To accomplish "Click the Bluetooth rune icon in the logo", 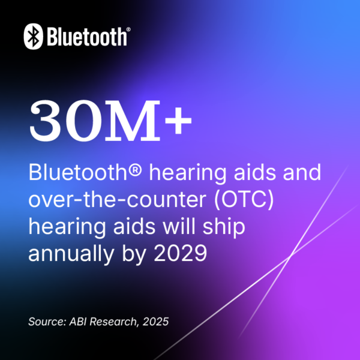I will [34, 37].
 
